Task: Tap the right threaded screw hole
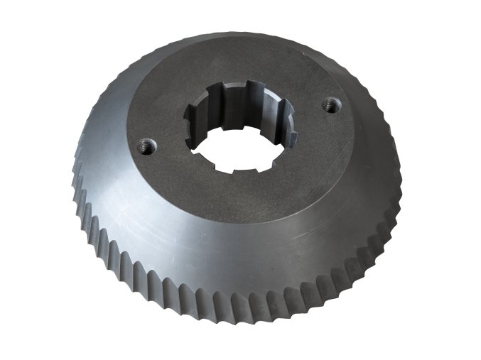pyautogui.click(x=329, y=105)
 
